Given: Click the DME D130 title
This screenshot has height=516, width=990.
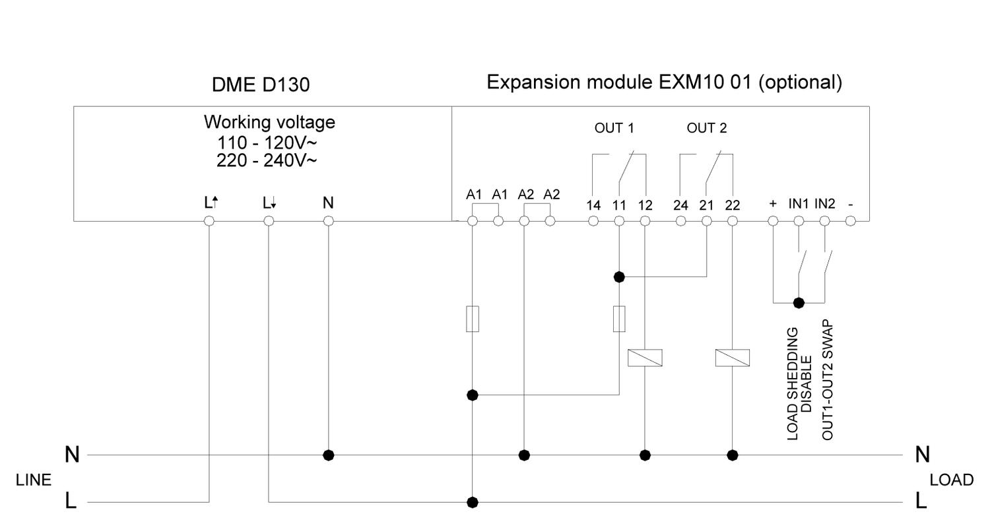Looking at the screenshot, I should point(260,85).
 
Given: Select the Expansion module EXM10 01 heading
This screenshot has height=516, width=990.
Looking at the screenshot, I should point(664,82).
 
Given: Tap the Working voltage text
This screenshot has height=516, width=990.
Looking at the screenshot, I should point(269,122).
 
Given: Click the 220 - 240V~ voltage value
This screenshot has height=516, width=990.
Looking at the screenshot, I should point(267,160).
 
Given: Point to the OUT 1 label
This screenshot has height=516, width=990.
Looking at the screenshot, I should point(614,128).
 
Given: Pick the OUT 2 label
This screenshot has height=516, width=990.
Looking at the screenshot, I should point(706,128).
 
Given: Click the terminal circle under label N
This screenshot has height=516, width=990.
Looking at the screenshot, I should point(328,221).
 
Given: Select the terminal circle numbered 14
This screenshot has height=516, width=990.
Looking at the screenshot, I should point(593,221).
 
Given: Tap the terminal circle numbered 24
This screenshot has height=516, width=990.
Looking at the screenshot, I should point(680,221).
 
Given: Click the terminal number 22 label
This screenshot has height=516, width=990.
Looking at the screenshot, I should point(732,205).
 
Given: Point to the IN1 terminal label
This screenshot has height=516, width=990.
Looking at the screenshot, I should point(798,204).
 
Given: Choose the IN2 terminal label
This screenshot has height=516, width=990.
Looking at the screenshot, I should point(824,204).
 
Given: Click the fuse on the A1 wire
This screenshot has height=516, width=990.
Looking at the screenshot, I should point(473,319).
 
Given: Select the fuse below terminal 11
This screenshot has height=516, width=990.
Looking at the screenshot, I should point(619,319).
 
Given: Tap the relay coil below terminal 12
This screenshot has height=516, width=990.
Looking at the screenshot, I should point(645,358).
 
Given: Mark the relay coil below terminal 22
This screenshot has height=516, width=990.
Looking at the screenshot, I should point(732,358).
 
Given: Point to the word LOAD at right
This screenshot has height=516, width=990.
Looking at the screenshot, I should point(951,480).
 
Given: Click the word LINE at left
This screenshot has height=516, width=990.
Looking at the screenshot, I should point(34,480).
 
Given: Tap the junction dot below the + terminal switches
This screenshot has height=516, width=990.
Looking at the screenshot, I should point(799,303).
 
